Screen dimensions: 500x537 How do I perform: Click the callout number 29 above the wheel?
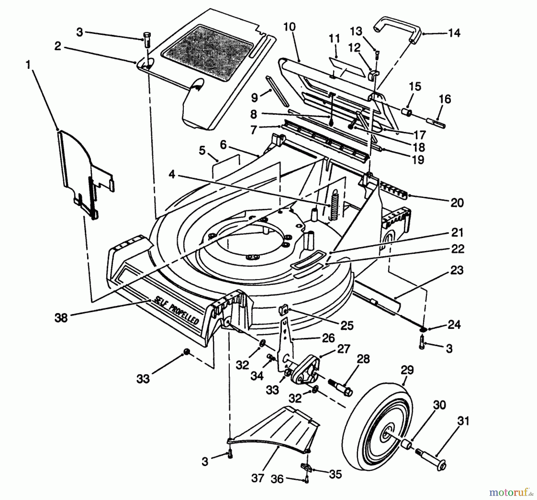click(407, 371)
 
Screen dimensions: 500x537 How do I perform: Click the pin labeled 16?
click(436, 122)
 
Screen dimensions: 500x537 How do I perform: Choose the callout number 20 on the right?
click(457, 203)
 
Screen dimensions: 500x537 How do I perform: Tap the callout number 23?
click(457, 271)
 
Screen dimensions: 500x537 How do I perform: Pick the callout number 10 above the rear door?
click(289, 27)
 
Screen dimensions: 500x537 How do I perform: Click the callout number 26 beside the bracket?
click(328, 338)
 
